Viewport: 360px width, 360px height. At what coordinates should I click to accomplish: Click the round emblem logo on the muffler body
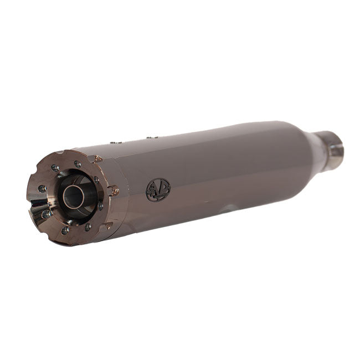[x=158, y=189]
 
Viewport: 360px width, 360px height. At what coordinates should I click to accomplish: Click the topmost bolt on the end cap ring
[x=77, y=164]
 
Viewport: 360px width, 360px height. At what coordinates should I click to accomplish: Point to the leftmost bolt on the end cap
[x=41, y=188]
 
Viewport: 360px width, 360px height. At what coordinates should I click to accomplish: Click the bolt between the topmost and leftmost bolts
[x=55, y=167]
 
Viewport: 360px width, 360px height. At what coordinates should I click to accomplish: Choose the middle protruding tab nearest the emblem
[x=115, y=191]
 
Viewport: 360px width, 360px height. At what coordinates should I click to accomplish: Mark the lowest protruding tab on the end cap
[x=109, y=225]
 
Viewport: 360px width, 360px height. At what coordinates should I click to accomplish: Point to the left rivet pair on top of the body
[x=114, y=142]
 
